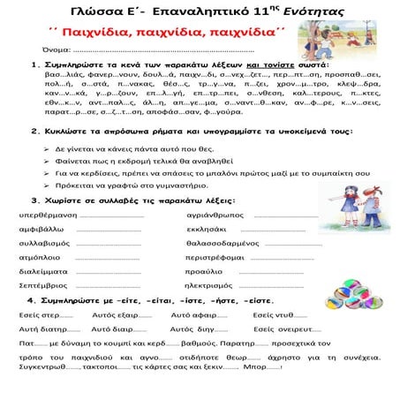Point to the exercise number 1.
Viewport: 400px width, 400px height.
point(34,65)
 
